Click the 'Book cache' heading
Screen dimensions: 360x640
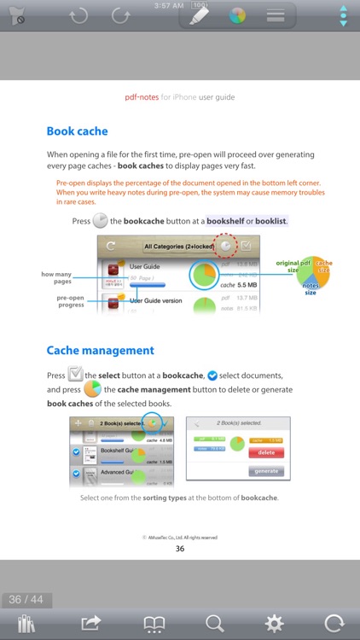pyautogui.click(x=89, y=131)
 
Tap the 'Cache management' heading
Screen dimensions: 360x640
pyautogui.click(x=100, y=350)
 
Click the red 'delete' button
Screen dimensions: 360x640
pyautogui.click(x=265, y=452)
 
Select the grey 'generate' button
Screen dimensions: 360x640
pyautogui.click(x=265, y=471)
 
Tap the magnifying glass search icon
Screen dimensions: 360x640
pyautogui.click(x=215, y=623)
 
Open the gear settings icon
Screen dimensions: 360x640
pyautogui.click(x=273, y=623)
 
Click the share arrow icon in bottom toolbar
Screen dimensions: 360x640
pyautogui.click(x=91, y=623)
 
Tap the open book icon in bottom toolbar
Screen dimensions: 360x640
pyautogui.click(x=154, y=624)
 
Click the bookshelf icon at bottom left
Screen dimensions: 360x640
pyautogui.click(x=26, y=623)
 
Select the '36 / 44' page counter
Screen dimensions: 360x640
pyautogui.click(x=26, y=599)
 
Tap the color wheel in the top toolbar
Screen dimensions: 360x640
pyautogui.click(x=238, y=15)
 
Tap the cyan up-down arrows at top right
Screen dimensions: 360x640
pyautogui.click(x=343, y=16)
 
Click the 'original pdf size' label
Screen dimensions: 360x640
pyautogui.click(x=287, y=266)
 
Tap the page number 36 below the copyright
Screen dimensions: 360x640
pyautogui.click(x=180, y=549)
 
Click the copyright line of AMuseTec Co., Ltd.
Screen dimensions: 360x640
pyautogui.click(x=180, y=538)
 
